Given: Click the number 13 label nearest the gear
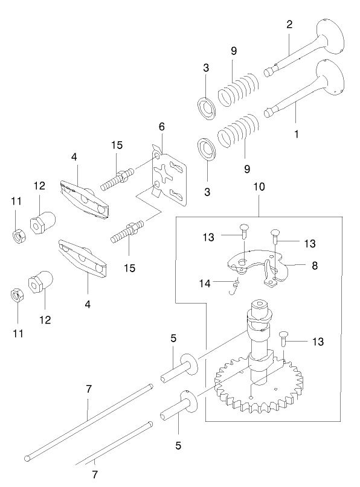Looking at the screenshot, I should (x=317, y=342).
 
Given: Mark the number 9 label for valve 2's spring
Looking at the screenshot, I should (x=233, y=51).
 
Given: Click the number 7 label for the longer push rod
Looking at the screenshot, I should (x=88, y=389).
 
